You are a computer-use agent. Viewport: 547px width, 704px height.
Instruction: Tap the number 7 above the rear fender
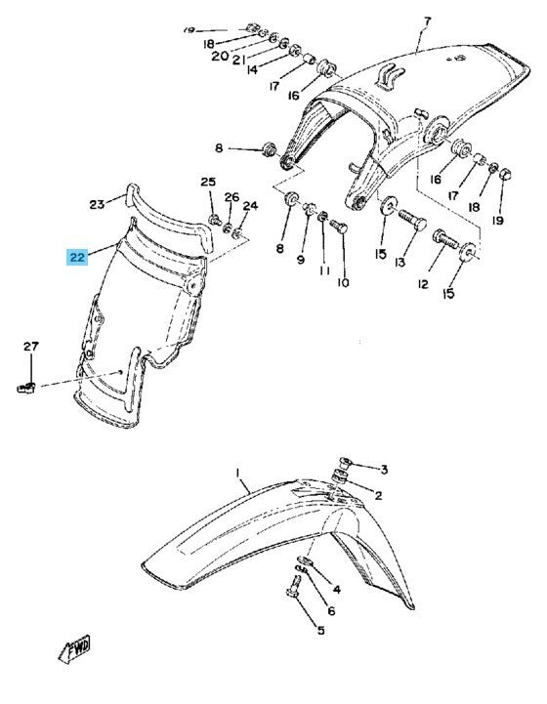427,21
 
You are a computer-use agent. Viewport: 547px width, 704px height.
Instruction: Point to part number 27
30,347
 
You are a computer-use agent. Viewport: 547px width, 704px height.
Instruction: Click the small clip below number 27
27,389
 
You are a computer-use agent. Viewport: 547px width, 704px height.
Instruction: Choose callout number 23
97,205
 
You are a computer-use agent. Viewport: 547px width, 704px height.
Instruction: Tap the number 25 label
208,183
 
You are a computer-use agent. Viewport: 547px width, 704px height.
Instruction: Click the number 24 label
250,206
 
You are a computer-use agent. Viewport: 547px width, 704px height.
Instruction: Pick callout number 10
342,283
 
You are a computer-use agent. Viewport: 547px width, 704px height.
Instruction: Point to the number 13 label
399,263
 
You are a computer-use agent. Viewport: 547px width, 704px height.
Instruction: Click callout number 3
384,470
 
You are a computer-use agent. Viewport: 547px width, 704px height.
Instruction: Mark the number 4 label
336,590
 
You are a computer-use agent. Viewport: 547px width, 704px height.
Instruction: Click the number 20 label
220,56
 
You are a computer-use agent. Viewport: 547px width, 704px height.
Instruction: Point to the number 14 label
252,69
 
